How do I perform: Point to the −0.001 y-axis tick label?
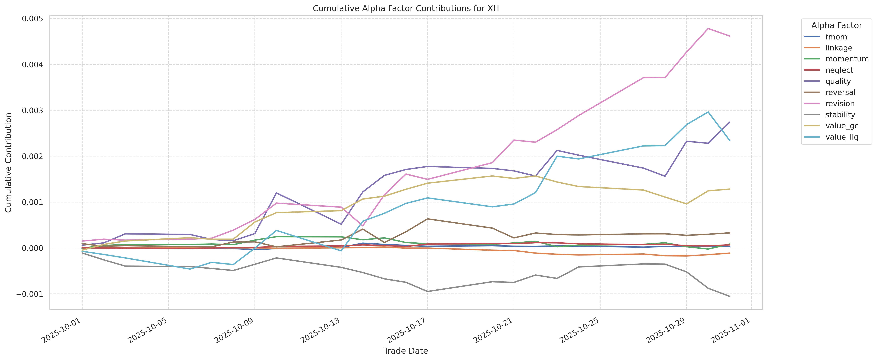[31, 294]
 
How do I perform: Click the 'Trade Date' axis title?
[405, 351]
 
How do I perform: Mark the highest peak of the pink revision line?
[708, 29]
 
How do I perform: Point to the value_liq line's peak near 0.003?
[708, 112]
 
